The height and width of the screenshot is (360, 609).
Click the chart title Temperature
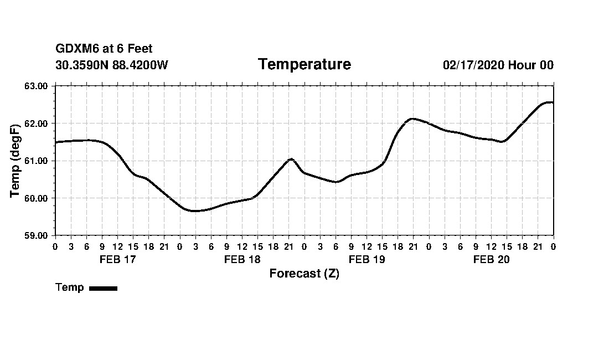pos(304,65)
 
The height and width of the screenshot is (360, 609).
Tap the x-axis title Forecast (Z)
pos(304,274)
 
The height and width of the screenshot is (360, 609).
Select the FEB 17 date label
pos(117,259)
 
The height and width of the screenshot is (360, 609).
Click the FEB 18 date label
pos(242,259)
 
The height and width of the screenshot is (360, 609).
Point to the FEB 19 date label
pos(367,259)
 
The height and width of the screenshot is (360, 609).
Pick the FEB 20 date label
pos(491,259)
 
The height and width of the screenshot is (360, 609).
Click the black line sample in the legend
pos(103,288)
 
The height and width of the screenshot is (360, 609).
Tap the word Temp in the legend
pos(70,287)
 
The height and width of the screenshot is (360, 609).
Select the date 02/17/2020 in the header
pos(473,65)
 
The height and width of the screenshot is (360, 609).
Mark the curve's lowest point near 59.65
pos(194,211)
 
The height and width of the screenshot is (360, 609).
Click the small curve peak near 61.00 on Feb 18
pos(291,159)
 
